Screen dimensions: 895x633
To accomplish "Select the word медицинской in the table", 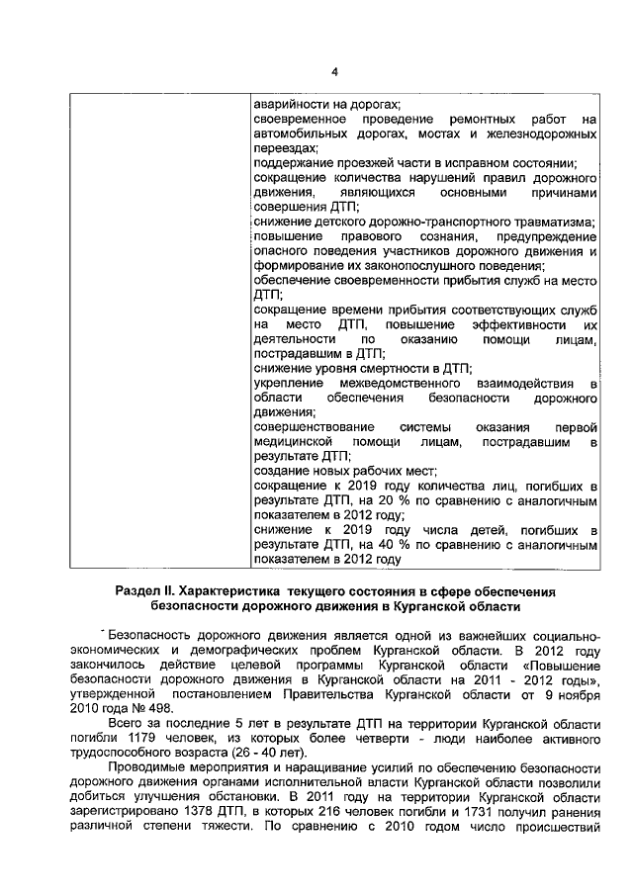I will click(289, 440).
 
